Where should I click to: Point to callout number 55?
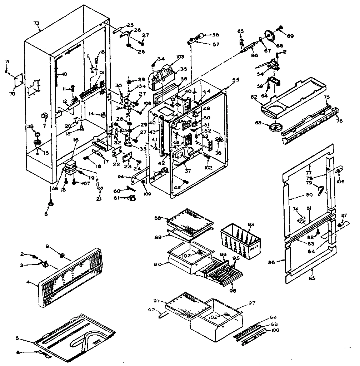tap(226, 81)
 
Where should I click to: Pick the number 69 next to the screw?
tap(291, 36)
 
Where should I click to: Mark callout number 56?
tap(216, 35)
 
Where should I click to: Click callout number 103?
tap(180, 57)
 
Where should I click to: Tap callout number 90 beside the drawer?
tap(157, 264)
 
